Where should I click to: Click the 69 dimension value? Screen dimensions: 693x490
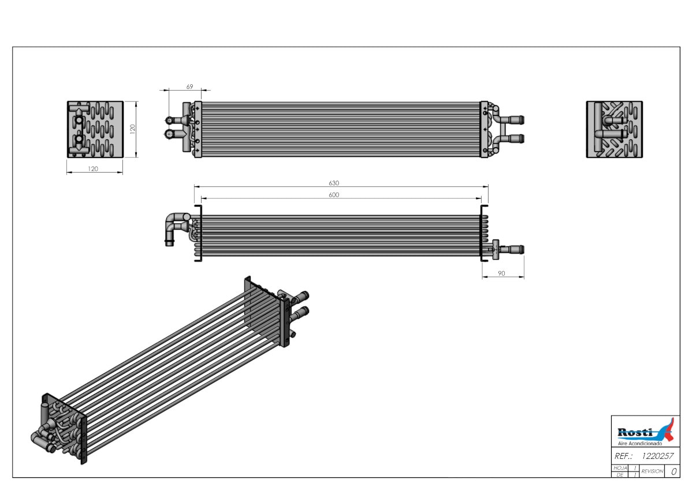(x=189, y=87)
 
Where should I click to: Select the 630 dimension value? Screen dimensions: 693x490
(x=334, y=183)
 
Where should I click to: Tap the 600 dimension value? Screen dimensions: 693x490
(x=334, y=194)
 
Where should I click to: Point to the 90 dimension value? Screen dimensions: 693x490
(x=501, y=274)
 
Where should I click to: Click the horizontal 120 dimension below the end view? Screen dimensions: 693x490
(x=93, y=169)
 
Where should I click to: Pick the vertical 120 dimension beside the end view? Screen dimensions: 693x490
(x=133, y=129)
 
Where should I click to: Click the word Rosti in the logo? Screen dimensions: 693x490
(x=635, y=432)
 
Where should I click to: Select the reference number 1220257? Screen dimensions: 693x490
(x=657, y=456)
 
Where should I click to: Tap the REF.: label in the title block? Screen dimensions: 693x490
(x=623, y=456)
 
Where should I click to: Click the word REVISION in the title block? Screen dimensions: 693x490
(x=652, y=471)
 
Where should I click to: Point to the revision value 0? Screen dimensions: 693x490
(x=674, y=472)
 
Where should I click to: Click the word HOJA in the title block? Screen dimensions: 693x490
(x=620, y=468)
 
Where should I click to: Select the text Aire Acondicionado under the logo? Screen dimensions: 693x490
(x=640, y=443)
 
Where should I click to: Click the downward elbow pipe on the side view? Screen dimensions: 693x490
(x=171, y=229)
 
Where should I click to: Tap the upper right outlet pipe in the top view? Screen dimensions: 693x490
(x=512, y=119)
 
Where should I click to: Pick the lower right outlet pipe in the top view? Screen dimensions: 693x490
(x=512, y=139)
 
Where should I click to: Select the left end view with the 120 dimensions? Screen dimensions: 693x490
(x=95, y=129)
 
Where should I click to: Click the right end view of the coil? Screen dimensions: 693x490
(x=614, y=129)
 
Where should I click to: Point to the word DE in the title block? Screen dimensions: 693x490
(x=620, y=475)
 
